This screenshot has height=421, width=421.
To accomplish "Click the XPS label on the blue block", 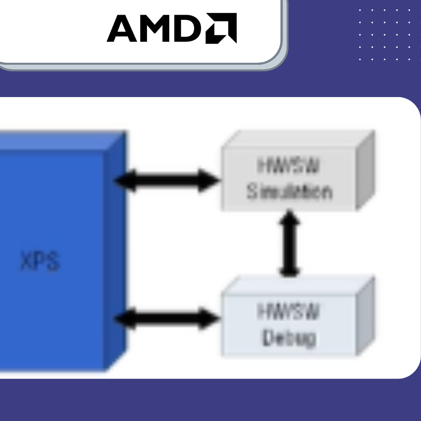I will click(40, 262).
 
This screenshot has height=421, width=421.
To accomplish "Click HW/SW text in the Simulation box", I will click(288, 166).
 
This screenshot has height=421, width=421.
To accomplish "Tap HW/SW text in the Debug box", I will click(288, 312).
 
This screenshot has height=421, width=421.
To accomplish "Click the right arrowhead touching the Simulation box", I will click(209, 180).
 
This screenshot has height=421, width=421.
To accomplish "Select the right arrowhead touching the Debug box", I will click(209, 318).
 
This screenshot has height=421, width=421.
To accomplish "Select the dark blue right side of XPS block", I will click(116, 249).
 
